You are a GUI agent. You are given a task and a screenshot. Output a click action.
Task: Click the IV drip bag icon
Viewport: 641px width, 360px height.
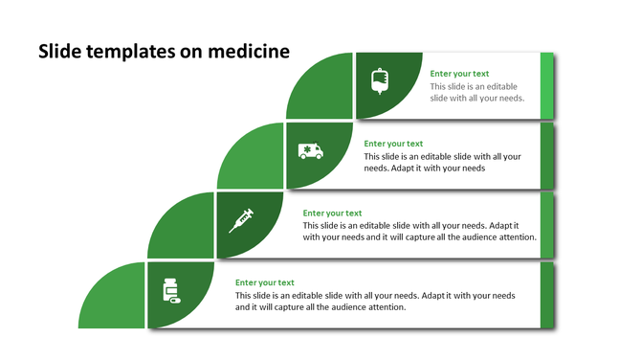point(380,82)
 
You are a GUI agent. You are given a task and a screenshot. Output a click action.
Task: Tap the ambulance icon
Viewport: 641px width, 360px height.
point(310,151)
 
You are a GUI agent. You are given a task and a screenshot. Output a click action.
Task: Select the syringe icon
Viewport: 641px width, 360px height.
point(241,221)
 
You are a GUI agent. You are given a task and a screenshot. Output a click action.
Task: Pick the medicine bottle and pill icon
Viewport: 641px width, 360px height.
point(171,290)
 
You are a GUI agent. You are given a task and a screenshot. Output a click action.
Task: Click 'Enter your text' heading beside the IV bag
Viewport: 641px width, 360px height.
point(459,74)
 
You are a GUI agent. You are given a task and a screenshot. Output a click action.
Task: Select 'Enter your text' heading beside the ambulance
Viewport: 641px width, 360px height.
point(393,144)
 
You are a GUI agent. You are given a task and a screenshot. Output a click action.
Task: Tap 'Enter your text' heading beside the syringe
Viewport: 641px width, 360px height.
point(332,214)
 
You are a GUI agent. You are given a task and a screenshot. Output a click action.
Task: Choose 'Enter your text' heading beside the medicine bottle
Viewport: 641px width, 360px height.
point(264,282)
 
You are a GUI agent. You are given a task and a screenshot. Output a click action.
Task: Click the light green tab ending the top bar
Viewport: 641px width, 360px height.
point(547,85)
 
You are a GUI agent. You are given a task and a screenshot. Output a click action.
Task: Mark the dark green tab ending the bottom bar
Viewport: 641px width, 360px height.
point(547,294)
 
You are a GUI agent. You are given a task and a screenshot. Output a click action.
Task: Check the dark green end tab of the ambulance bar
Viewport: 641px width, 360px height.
point(547,155)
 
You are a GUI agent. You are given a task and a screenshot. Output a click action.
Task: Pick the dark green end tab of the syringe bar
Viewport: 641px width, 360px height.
point(547,225)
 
